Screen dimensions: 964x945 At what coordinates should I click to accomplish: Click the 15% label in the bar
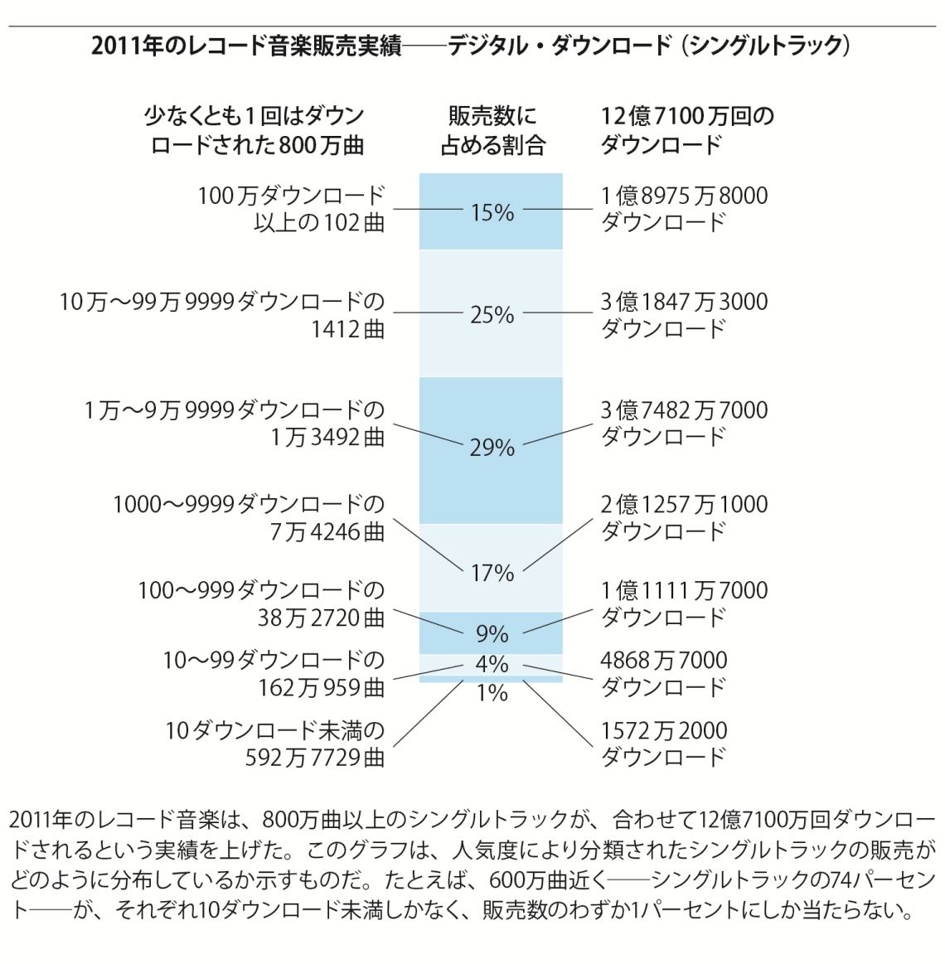[x=492, y=213]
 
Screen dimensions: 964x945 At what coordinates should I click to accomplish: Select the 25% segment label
[x=492, y=315]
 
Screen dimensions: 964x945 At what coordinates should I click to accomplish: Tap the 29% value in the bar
[x=492, y=448]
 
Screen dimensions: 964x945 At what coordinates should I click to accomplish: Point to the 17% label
[x=492, y=573]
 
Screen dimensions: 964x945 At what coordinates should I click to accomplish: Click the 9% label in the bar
[x=492, y=634]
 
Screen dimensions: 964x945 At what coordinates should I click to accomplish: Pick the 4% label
[x=492, y=664]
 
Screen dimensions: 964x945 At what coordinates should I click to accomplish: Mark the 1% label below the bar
[x=492, y=693]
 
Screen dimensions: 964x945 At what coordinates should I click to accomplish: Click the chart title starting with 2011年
[x=471, y=46]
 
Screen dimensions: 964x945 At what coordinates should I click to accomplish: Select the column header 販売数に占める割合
[x=492, y=131]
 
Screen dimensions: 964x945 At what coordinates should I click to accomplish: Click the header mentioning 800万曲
[x=254, y=131]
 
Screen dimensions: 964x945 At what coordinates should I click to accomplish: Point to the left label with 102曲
[x=291, y=209]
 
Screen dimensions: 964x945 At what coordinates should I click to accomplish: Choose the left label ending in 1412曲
[x=222, y=315]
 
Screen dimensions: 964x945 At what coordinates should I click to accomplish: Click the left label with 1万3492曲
[x=235, y=423]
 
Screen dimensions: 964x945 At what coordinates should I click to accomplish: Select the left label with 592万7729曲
[x=274, y=744]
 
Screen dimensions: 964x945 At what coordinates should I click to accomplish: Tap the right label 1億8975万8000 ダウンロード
[x=684, y=209]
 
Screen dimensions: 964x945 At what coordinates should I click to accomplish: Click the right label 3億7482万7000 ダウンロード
[x=684, y=423]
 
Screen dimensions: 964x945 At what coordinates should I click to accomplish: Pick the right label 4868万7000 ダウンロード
[x=663, y=673]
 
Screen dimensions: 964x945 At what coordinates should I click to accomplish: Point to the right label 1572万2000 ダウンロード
[x=663, y=744]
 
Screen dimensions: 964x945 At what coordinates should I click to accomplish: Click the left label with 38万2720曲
[x=261, y=603]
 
